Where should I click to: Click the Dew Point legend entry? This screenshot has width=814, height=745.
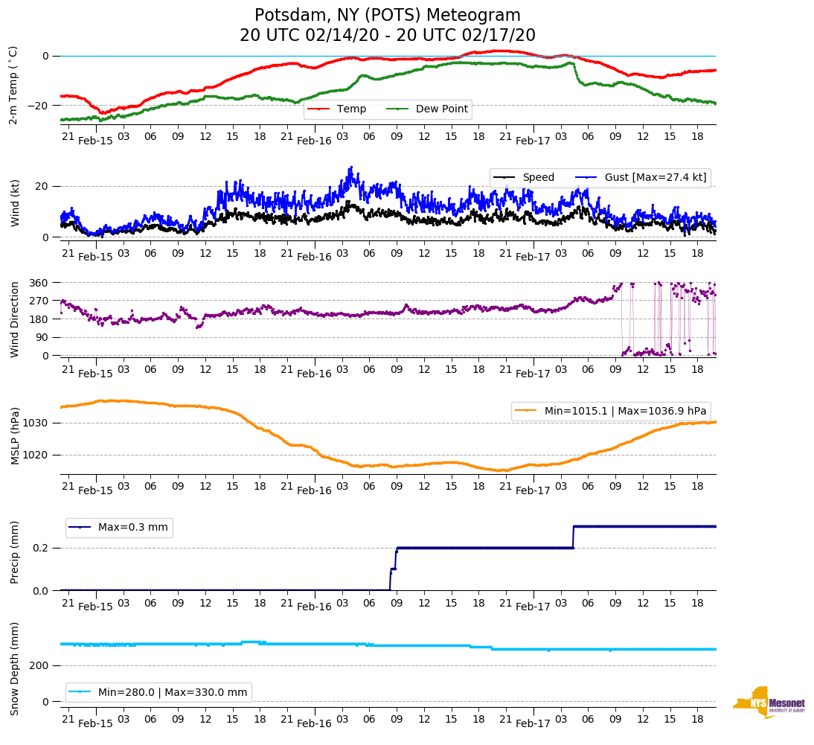[x=441, y=109]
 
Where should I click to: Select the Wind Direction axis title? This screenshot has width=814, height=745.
[x=14, y=319]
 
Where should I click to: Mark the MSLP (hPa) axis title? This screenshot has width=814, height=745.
[x=14, y=435]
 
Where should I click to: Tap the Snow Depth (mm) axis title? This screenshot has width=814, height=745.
[x=14, y=669]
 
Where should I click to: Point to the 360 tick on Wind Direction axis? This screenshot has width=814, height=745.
[x=39, y=283]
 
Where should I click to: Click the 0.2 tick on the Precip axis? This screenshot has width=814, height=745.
[x=41, y=548]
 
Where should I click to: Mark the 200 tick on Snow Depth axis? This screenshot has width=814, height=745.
[x=39, y=666]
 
